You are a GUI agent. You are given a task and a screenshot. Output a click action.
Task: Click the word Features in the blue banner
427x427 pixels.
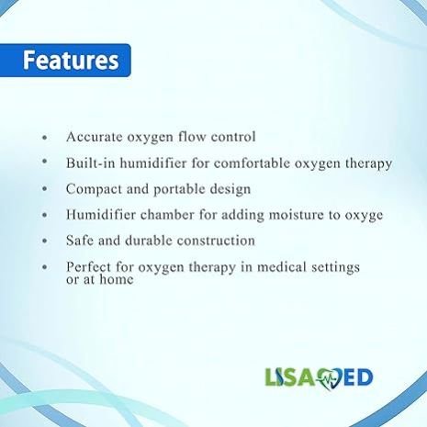click(71, 61)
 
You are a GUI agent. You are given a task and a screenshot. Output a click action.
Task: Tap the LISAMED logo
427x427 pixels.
click(319, 378)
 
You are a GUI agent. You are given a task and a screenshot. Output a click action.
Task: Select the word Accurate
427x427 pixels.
click(95, 137)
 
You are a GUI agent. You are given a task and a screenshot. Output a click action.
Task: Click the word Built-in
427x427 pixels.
click(91, 163)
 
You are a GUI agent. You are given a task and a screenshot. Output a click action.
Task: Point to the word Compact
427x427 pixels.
click(94, 190)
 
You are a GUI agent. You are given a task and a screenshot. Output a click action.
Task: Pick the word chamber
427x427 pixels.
click(167, 215)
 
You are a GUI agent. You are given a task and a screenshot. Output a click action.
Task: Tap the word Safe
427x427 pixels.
click(80, 241)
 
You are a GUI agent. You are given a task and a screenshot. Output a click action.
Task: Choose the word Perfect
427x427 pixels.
click(88, 266)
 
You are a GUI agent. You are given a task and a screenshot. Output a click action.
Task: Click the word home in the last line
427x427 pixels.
click(117, 279)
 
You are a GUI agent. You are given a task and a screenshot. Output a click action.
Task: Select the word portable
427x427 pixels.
click(179, 190)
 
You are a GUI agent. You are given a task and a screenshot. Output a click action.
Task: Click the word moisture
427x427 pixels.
click(297, 215)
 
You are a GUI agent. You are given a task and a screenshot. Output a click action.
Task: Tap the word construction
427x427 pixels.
click(216, 241)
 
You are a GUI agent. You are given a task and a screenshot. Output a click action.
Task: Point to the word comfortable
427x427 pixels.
click(252, 163)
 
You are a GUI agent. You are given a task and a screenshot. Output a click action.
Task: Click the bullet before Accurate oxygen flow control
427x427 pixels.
click(45, 138)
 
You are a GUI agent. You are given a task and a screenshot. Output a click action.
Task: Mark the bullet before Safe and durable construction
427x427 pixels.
click(45, 242)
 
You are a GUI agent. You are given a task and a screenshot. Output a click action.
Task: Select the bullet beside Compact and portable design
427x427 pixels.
click(45, 189)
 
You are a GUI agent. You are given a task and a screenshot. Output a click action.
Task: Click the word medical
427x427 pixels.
click(282, 266)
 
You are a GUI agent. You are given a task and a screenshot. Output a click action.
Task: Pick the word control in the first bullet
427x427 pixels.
click(233, 137)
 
